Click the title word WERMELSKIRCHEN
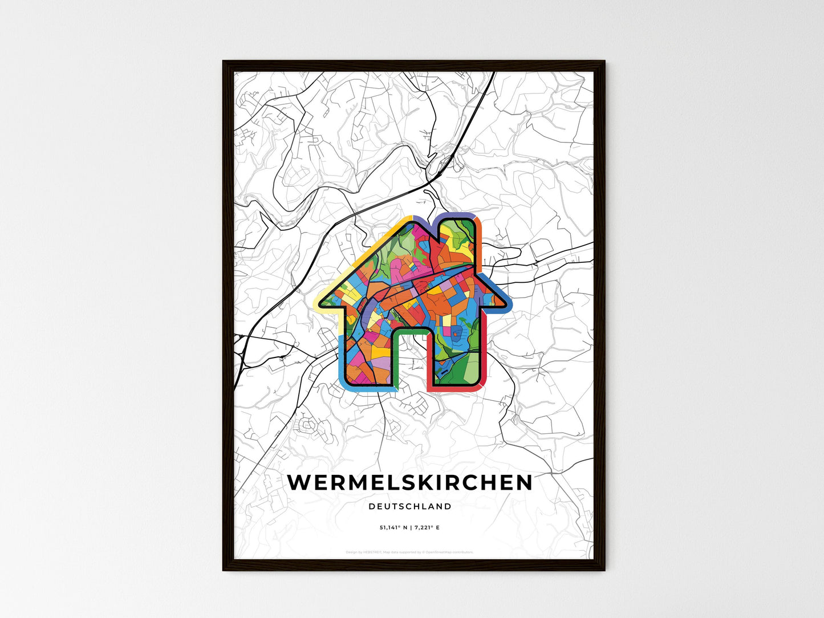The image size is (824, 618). (x=410, y=482)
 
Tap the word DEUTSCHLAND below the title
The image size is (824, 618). (x=410, y=506)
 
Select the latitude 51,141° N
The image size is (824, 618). (x=393, y=528)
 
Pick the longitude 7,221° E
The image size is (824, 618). (x=427, y=528)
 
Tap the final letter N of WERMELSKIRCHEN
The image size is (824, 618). (x=524, y=482)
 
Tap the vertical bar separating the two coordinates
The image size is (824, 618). (x=410, y=528)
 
